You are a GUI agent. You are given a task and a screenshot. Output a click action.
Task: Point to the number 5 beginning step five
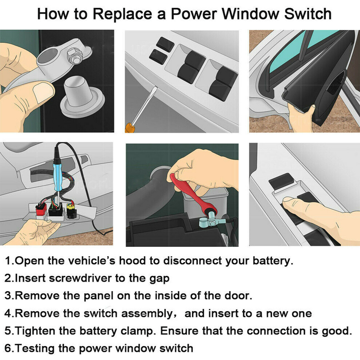pos(8,331)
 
